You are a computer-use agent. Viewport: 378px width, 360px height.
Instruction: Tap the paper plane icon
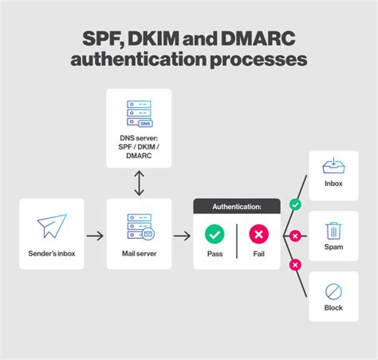point(51,226)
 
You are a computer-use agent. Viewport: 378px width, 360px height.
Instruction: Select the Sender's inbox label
point(51,255)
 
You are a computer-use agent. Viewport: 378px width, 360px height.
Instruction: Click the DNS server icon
point(139,114)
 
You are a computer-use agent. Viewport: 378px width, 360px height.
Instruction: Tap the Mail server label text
point(139,255)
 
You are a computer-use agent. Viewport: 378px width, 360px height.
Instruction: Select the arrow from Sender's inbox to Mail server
point(95,235)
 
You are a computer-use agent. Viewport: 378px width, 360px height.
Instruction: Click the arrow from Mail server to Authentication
point(182,235)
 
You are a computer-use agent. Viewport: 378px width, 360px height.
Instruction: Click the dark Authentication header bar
point(237,207)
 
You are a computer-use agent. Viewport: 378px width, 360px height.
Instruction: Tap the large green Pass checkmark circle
point(215,234)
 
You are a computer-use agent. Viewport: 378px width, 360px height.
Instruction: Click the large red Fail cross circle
point(259,234)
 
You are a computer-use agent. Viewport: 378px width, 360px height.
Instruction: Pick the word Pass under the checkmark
point(215,255)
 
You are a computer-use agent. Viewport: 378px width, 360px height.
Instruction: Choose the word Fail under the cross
point(259,255)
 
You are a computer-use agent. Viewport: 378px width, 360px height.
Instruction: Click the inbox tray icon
point(333,166)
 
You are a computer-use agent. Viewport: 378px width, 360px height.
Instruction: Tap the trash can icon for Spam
point(333,231)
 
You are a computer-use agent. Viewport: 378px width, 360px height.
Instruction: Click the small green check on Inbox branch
point(296,205)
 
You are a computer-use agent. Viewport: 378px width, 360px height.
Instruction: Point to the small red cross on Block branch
point(295,264)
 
